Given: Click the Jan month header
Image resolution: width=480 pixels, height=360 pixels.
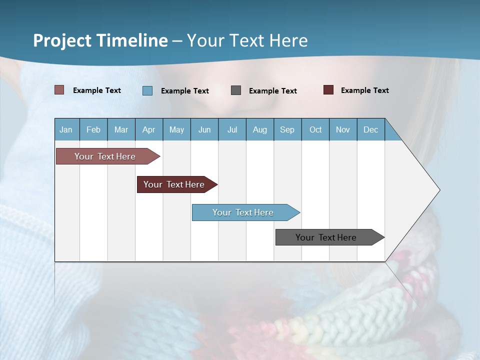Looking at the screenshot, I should (66, 129).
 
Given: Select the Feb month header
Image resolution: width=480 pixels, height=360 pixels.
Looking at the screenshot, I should (93, 129).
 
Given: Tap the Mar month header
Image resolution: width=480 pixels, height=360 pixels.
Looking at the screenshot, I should (121, 129).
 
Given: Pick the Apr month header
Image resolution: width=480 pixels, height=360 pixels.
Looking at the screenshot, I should (149, 129).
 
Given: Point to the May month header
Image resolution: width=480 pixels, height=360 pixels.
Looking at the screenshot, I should (176, 129).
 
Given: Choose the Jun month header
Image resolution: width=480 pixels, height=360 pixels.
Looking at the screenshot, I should (204, 129).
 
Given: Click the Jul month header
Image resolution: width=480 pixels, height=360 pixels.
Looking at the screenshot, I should (232, 129).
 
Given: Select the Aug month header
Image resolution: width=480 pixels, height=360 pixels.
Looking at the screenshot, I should (260, 129).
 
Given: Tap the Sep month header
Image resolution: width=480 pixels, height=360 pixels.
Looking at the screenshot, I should (287, 129).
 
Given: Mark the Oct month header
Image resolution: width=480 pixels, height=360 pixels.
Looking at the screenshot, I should (315, 129).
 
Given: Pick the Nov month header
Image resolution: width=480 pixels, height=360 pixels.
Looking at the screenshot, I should (343, 129).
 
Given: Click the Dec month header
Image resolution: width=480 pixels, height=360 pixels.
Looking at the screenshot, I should (371, 129).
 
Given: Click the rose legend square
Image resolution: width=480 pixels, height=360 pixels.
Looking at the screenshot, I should (59, 90).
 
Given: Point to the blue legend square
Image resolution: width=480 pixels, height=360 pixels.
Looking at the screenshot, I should (147, 90).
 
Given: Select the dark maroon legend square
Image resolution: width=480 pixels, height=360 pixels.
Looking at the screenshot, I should (328, 90).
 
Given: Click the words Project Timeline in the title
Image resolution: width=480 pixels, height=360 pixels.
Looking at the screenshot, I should (100, 40).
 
